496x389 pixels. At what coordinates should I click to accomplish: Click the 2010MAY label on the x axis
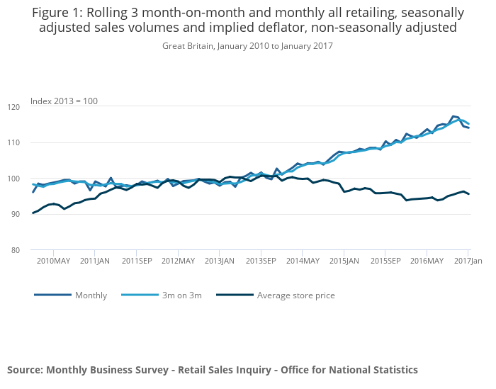coord(54,261)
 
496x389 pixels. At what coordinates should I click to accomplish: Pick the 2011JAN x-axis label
coord(95,261)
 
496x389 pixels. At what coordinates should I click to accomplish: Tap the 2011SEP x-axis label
coord(136,261)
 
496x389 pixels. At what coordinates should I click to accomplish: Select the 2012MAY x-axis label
coord(178,261)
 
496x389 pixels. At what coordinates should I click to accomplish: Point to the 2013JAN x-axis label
coord(219,261)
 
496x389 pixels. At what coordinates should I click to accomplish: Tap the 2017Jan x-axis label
coord(468,261)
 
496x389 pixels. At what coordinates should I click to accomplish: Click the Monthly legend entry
coord(91,295)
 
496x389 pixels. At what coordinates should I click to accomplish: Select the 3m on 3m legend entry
coord(181,295)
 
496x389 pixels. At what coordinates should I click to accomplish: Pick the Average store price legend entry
coord(295,295)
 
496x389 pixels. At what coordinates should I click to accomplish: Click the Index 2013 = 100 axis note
coord(64,101)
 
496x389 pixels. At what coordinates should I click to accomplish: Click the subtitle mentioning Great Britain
coord(247,45)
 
